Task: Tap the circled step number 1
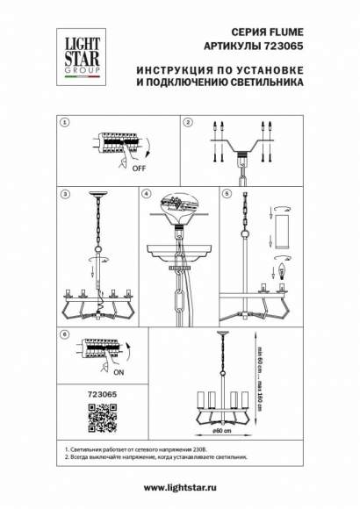click(x=63, y=124)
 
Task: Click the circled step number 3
click(x=63, y=192)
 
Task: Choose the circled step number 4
click(x=147, y=192)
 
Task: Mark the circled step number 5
click(x=227, y=192)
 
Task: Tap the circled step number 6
click(x=63, y=334)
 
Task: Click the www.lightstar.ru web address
click(x=180, y=488)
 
